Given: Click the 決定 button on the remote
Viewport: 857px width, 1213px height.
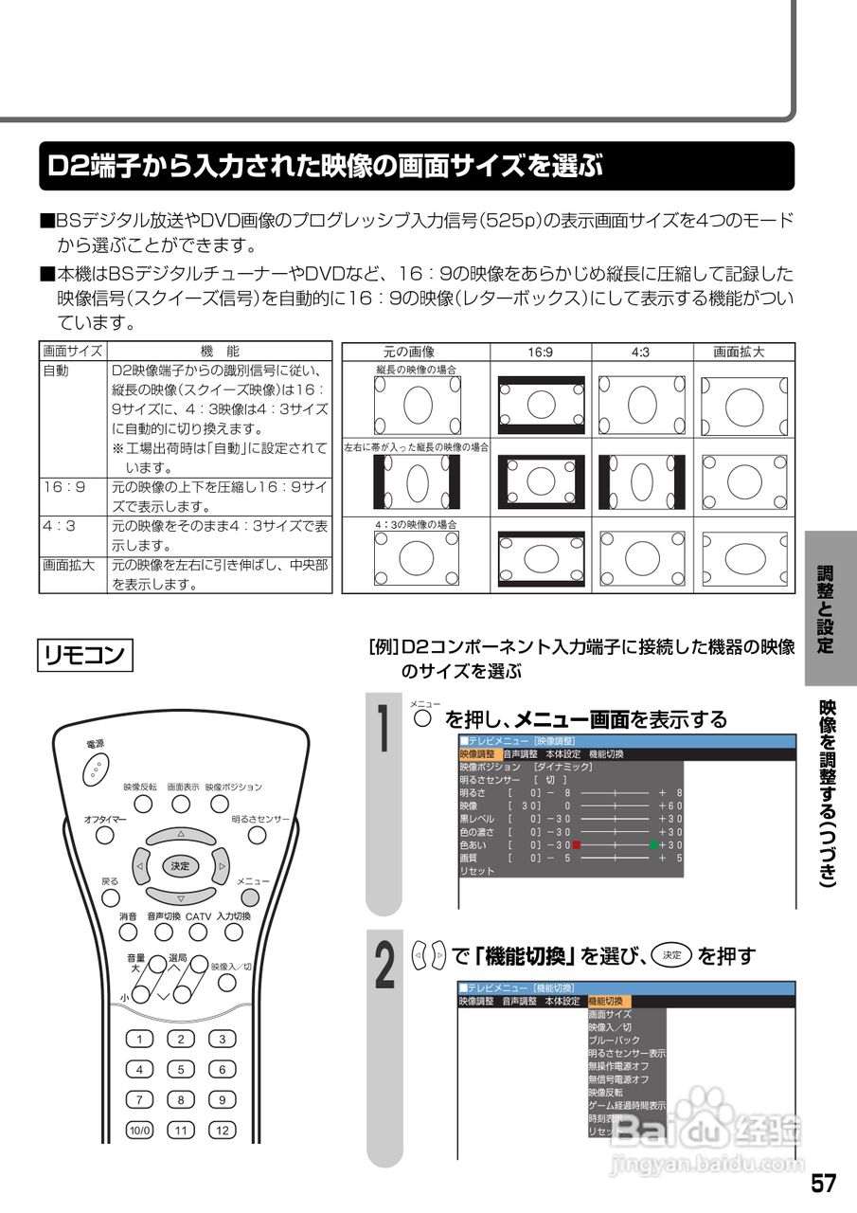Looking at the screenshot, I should click(180, 865).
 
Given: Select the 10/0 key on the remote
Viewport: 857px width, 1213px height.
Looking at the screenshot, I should click(139, 1130).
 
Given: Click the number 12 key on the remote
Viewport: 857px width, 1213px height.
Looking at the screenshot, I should click(223, 1130).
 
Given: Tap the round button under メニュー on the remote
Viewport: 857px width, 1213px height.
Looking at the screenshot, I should click(249, 896).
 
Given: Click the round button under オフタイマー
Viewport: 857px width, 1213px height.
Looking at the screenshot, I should click(105, 834).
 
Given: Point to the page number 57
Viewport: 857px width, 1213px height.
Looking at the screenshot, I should click(823, 1184).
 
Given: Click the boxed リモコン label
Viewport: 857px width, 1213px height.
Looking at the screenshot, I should click(85, 656).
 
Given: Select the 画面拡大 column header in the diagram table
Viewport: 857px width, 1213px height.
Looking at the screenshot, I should click(739, 352).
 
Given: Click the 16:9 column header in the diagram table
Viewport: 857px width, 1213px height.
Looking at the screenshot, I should click(541, 352).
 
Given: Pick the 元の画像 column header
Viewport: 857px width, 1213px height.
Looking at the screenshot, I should click(416, 352).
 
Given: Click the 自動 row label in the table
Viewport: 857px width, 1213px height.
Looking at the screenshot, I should click(56, 371).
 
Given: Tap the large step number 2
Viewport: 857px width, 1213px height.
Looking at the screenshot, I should click(383, 964).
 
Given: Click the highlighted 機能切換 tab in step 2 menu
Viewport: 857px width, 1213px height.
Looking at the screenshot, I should click(607, 1001).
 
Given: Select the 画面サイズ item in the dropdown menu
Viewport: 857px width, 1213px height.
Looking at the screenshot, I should click(611, 1014).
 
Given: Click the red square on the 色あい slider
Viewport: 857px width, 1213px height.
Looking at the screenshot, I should click(576, 844).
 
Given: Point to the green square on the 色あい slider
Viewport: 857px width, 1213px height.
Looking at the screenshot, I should click(652, 844).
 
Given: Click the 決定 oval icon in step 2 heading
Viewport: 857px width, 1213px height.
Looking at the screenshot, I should click(672, 956).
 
